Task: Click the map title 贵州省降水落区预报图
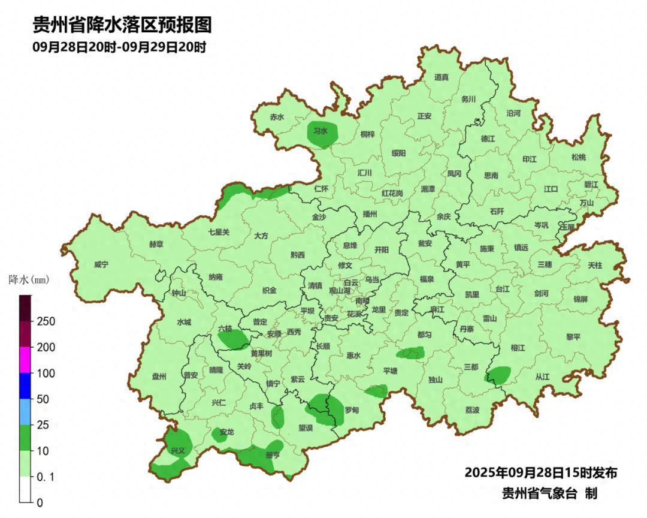point(122,25)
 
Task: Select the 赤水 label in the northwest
point(277,118)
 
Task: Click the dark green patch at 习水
point(322,135)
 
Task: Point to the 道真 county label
point(442,77)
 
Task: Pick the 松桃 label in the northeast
point(578,157)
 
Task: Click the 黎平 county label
point(573,337)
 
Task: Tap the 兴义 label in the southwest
point(178,450)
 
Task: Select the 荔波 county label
point(473,410)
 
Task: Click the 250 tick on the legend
point(46,321)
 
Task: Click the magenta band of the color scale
point(25,360)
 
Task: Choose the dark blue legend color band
point(25,386)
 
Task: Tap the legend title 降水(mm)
point(29,280)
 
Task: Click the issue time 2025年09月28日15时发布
point(541,472)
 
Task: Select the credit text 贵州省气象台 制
point(549,493)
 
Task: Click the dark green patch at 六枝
point(234,340)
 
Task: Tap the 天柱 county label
point(595,264)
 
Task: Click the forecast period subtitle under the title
point(119,47)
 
